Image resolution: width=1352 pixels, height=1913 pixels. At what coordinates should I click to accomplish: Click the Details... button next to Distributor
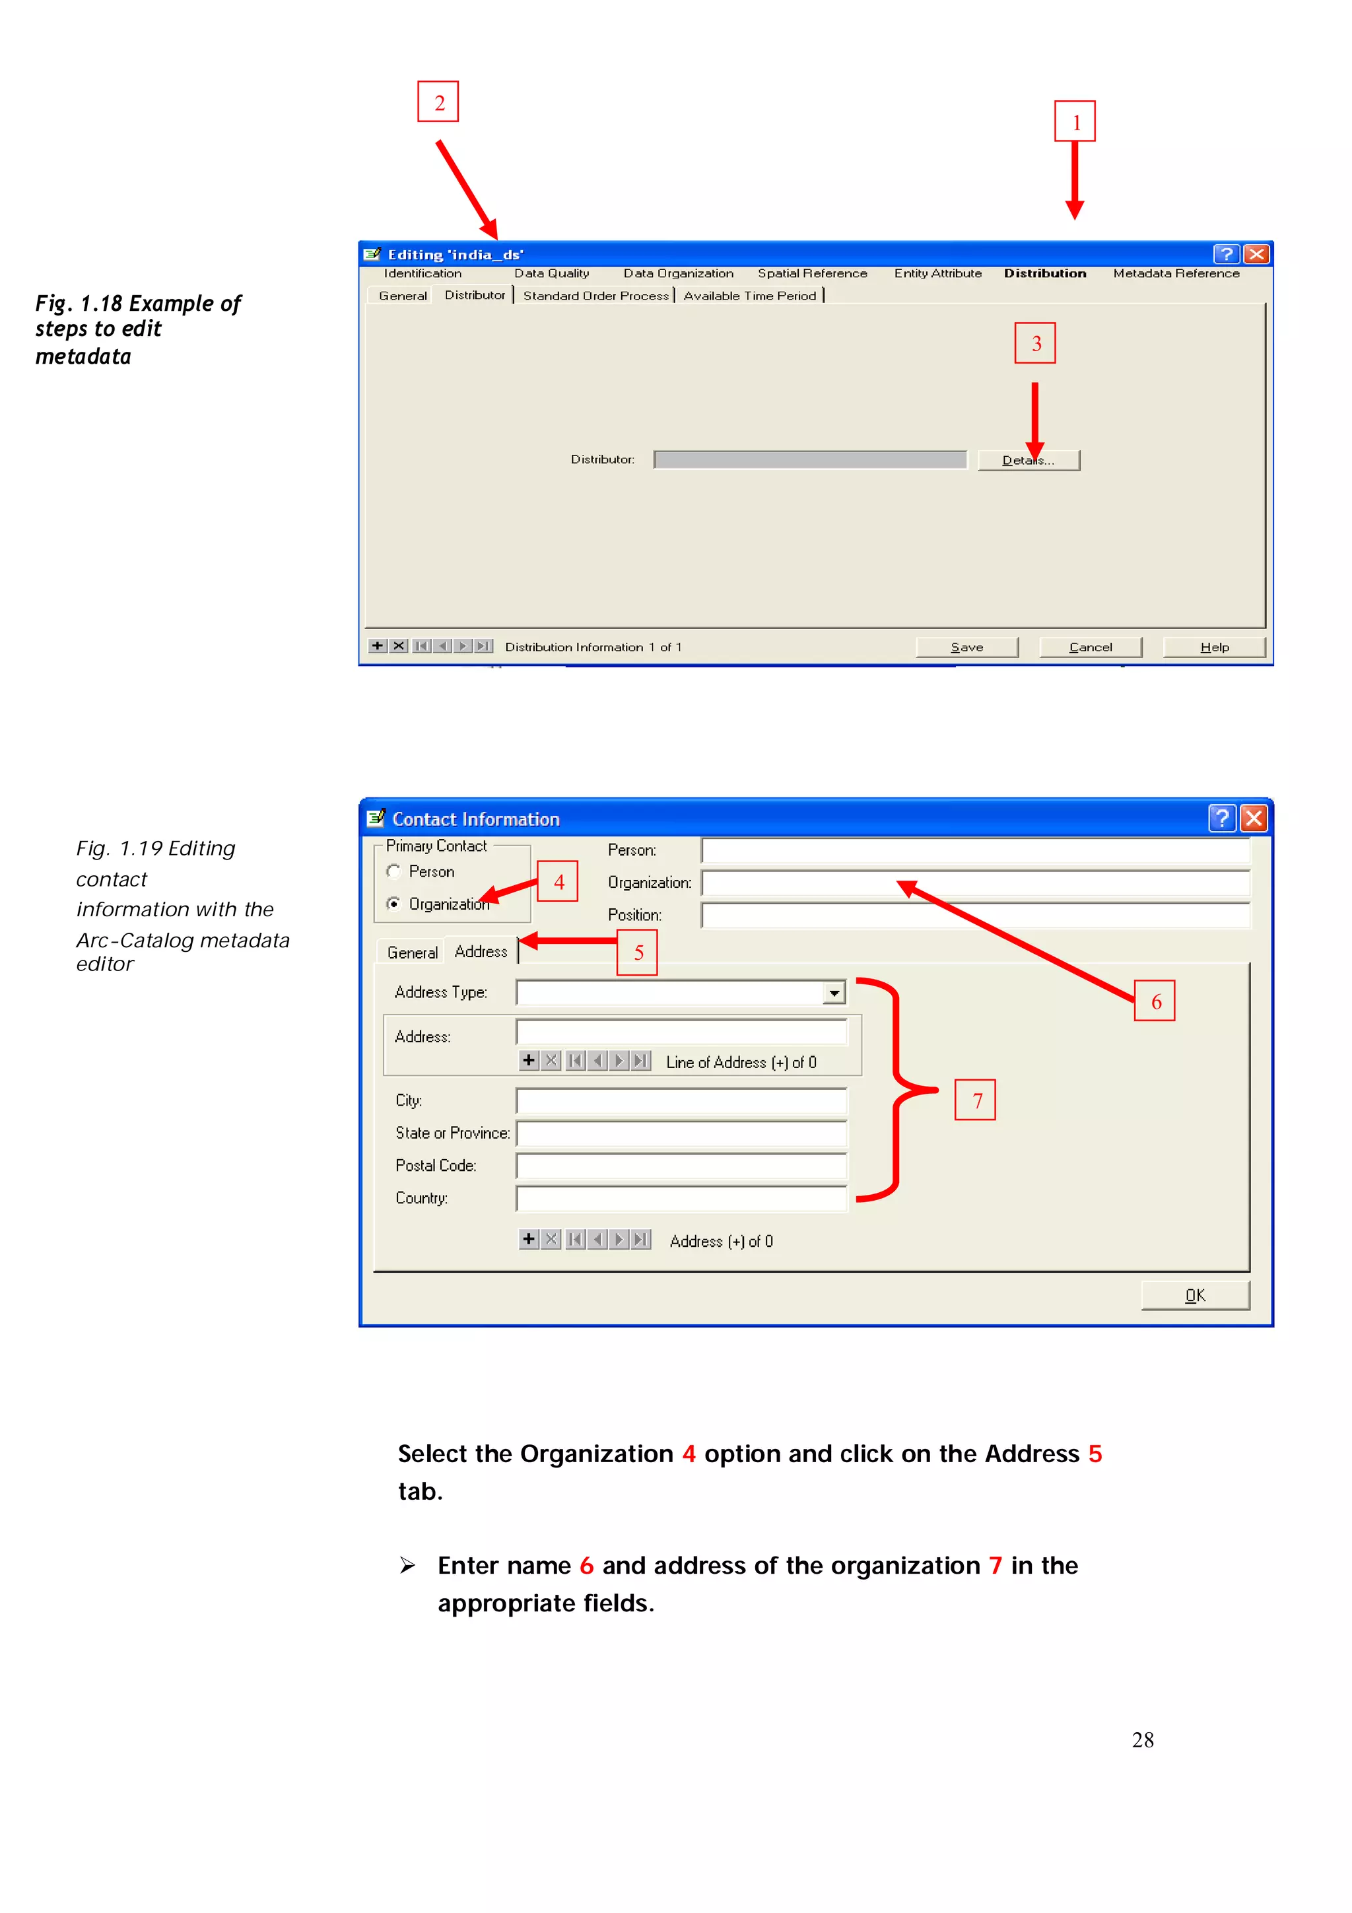(x=1028, y=460)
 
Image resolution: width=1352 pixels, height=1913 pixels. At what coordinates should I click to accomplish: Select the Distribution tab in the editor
(x=1044, y=273)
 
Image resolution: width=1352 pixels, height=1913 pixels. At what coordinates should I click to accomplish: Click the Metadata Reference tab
(x=1175, y=273)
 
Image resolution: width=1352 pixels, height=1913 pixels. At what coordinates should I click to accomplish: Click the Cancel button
(x=1090, y=648)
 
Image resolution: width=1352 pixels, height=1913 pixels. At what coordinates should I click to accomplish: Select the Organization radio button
(x=394, y=904)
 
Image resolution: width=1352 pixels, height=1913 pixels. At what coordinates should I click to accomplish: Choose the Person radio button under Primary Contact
(x=394, y=871)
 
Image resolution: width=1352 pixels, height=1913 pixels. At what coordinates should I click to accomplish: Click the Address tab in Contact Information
(x=481, y=951)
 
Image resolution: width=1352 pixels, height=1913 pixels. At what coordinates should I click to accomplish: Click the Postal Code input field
(x=681, y=1166)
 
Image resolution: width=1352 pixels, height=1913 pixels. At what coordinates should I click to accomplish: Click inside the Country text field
(x=681, y=1198)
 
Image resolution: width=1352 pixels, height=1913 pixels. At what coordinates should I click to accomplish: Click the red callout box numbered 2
(x=438, y=102)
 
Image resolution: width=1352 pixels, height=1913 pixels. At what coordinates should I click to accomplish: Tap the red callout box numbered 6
(x=1155, y=1001)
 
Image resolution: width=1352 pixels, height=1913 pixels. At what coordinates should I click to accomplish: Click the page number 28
(x=1142, y=1739)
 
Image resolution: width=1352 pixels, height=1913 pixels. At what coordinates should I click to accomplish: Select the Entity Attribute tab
(x=937, y=273)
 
